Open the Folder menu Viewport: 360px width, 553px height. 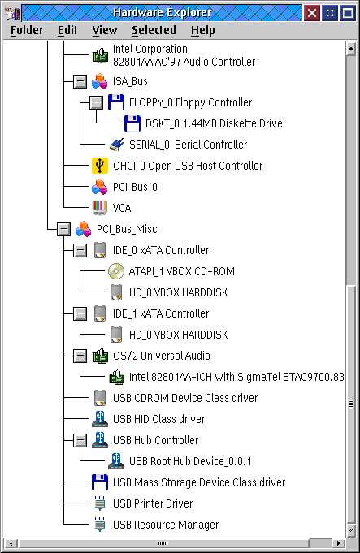click(27, 30)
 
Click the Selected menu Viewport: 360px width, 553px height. click(154, 30)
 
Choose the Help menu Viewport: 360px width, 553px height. click(203, 30)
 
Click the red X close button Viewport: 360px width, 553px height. click(312, 14)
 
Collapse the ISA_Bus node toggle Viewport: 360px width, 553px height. click(80, 81)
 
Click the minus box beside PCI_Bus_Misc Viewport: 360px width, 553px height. click(64, 229)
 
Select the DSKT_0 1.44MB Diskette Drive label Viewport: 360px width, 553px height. click(214, 123)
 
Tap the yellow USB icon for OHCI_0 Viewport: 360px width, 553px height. click(100, 166)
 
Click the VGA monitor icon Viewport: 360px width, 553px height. click(100, 208)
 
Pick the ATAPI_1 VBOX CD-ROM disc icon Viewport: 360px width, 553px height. click(116, 271)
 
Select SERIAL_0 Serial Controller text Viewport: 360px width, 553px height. click(188, 145)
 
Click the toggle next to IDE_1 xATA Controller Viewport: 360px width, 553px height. click(80, 313)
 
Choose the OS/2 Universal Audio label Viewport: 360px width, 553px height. click(161, 356)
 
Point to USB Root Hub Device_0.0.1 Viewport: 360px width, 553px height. click(190, 461)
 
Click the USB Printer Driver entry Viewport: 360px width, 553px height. click(153, 503)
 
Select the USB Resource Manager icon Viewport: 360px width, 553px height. click(100, 525)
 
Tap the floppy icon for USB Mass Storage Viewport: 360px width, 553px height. click(100, 482)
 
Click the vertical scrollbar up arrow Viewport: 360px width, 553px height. click(350, 49)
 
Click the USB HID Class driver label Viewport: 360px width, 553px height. click(158, 419)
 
